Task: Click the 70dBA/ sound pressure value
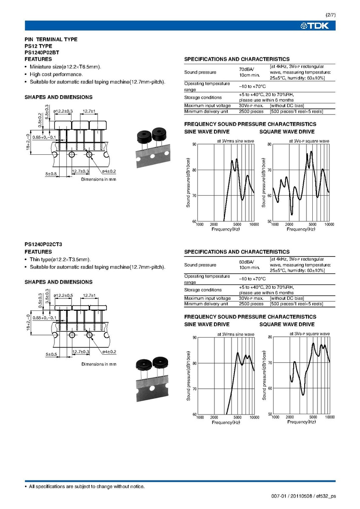(x=246, y=69)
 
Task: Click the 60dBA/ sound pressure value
(x=246, y=262)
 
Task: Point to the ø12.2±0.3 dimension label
(x=63, y=111)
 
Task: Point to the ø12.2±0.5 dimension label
(x=63, y=295)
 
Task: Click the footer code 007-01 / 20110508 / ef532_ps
(x=303, y=496)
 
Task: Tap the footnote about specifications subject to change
(x=86, y=486)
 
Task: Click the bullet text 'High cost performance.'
(x=56, y=74)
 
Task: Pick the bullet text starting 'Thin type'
(x=60, y=259)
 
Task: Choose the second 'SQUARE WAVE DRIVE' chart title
(x=287, y=324)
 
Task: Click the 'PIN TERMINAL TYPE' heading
(x=51, y=39)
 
